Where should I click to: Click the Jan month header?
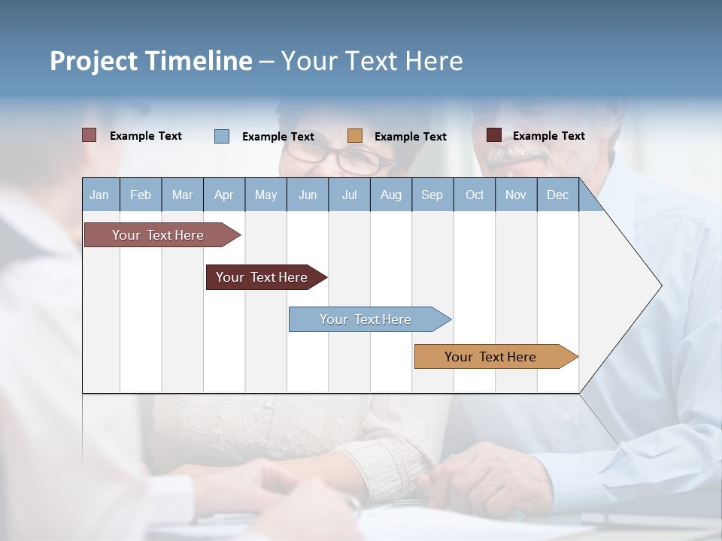point(99,195)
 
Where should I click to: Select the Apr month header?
point(223,195)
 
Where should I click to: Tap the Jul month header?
point(349,195)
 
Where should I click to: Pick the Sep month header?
point(432,195)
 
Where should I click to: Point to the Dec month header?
point(557,195)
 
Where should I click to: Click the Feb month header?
point(141,195)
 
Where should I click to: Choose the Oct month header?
point(475,195)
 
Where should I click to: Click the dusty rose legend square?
point(89,135)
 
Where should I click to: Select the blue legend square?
point(222,136)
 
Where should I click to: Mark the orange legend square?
point(355,136)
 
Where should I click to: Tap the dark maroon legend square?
point(493,135)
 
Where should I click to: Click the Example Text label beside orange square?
point(410,137)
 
